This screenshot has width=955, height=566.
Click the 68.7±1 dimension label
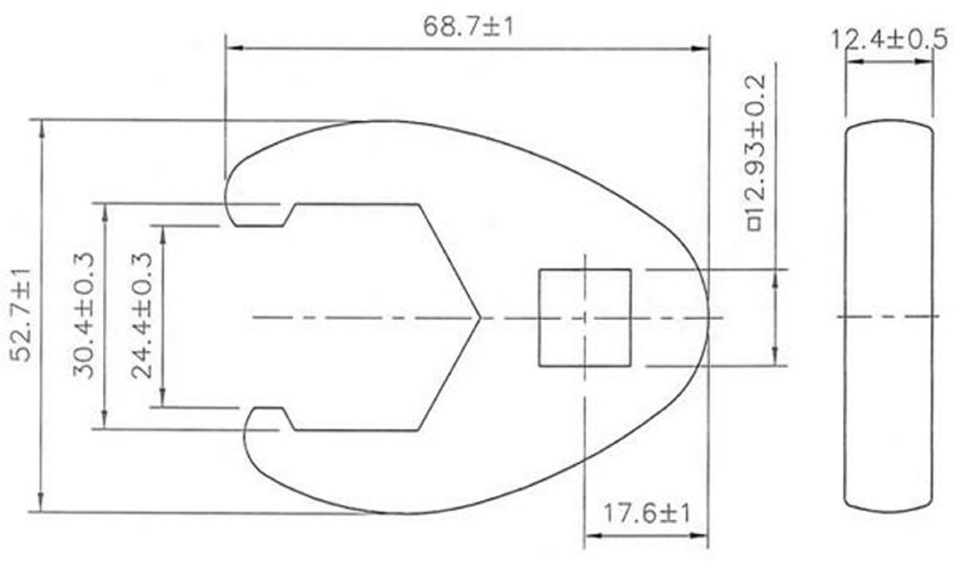click(x=468, y=26)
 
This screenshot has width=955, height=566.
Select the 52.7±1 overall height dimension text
click(x=21, y=316)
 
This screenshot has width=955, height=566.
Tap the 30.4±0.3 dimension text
click(x=83, y=316)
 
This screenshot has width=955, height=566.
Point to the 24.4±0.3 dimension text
click(x=143, y=316)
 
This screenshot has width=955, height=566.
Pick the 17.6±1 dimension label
click(x=647, y=514)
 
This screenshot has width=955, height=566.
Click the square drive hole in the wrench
click(x=584, y=317)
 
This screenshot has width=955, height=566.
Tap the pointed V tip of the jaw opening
click(x=477, y=316)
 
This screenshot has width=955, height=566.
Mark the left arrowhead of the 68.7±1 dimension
click(x=232, y=47)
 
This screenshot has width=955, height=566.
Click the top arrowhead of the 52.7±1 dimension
click(x=41, y=126)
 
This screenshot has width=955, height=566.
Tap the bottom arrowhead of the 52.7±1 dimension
click(x=41, y=506)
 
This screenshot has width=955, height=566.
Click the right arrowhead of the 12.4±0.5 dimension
click(x=927, y=62)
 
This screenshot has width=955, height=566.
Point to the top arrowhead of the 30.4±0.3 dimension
click(x=104, y=209)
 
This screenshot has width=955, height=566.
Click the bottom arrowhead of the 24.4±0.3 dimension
click(x=164, y=401)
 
